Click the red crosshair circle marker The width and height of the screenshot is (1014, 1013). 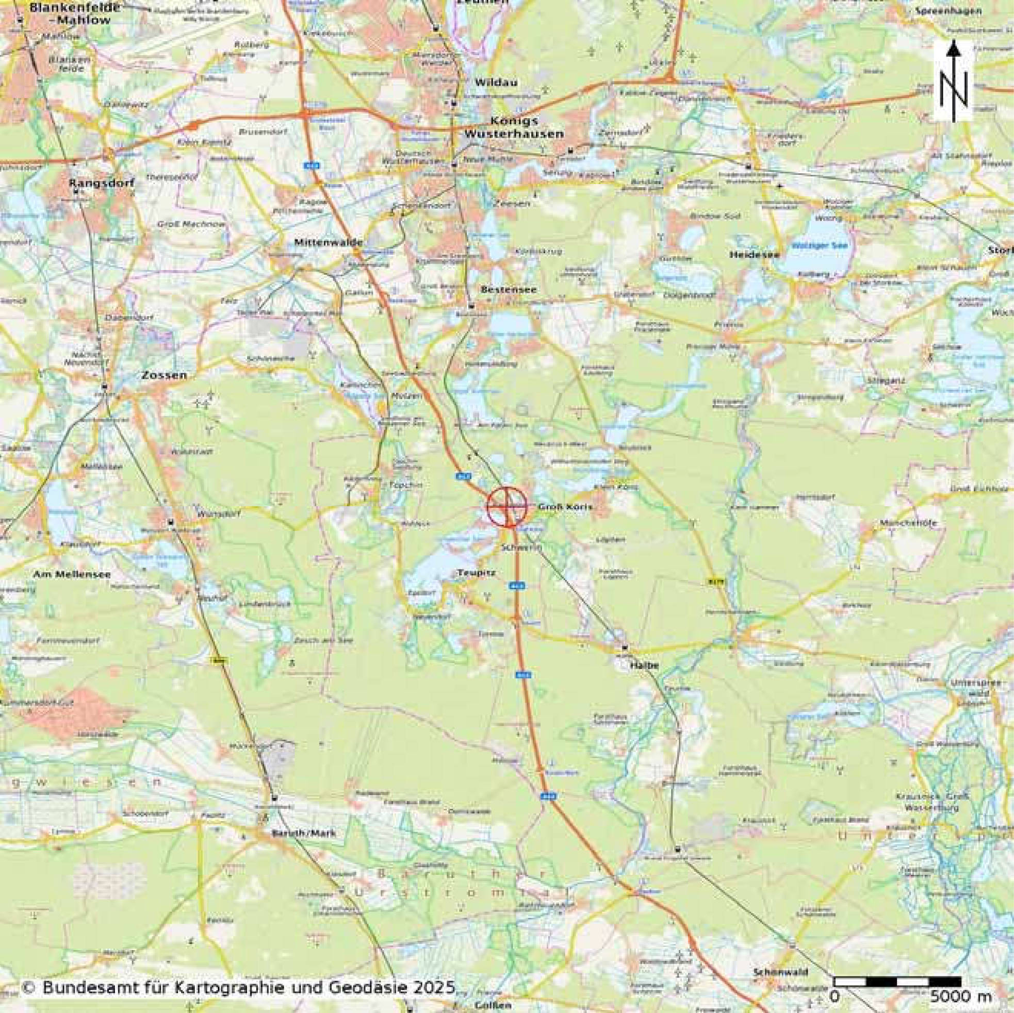[x=507, y=507]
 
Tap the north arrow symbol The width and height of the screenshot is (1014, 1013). [x=954, y=81]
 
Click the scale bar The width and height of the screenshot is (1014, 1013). [x=897, y=981]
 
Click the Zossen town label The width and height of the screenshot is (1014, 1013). [x=163, y=376]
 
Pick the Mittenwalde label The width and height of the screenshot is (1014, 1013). [x=329, y=242]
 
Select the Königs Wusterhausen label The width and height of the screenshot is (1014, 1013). [x=513, y=127]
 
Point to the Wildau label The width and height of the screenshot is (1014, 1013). [x=488, y=82]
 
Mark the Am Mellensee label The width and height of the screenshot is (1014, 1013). [x=72, y=574]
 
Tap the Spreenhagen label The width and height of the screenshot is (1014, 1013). [x=955, y=10]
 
